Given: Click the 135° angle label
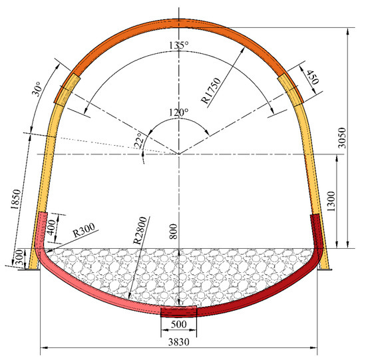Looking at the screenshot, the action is tap(179, 45).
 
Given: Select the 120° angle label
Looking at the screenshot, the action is tap(179, 112).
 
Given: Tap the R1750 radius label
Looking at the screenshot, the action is tap(211, 90).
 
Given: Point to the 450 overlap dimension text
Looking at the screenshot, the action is tap(313, 77).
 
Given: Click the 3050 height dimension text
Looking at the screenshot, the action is tap(342, 138).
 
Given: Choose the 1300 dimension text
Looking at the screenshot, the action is tap(331, 201).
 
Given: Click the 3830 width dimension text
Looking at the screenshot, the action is tap(179, 342).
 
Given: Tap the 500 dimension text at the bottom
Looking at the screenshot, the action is tap(179, 324).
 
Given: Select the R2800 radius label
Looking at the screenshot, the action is tap(140, 231).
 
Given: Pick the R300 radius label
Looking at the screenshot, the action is tap(84, 230).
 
